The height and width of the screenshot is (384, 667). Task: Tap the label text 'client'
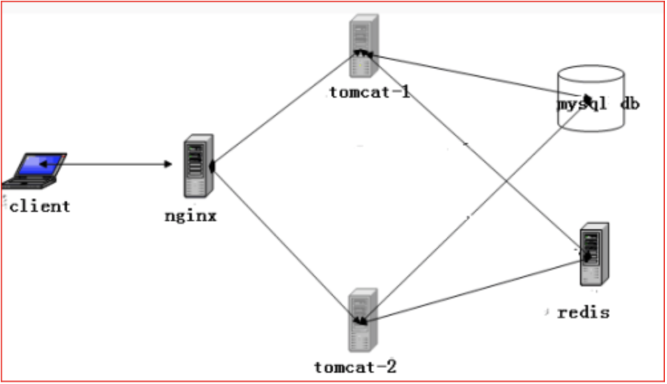[40, 206]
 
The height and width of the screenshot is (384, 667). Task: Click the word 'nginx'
[191, 216]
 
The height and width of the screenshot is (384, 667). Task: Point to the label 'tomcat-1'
[369, 92]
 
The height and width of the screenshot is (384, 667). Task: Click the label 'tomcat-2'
[355, 366]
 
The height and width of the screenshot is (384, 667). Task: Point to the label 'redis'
[583, 312]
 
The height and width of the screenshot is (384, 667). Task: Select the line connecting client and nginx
[113, 163]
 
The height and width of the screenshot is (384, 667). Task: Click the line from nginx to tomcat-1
[286, 109]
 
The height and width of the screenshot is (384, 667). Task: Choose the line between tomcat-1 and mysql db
[465, 72]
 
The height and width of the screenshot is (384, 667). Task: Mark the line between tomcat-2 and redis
[472, 291]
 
